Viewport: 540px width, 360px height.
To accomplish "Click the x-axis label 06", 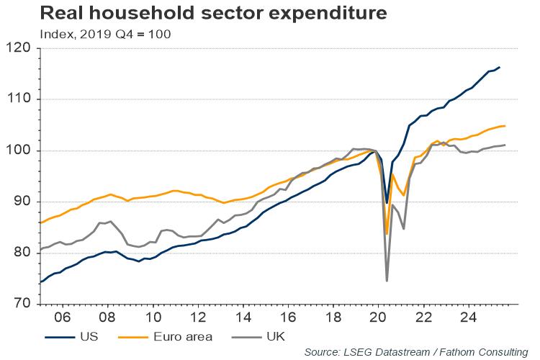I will (x=62, y=316).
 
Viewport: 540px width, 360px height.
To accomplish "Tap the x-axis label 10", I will (x=153, y=316).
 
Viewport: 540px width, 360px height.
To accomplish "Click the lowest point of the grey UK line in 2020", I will (x=387, y=281).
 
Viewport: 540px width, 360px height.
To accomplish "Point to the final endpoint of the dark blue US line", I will (x=500, y=68).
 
